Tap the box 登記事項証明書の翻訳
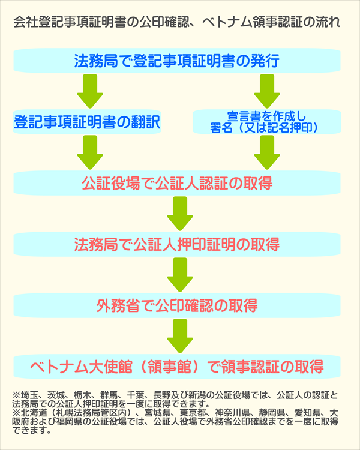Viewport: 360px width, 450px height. point(87,122)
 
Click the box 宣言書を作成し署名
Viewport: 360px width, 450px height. point(266,122)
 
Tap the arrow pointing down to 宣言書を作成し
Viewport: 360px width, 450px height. point(266,91)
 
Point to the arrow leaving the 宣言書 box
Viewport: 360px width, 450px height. point(266,152)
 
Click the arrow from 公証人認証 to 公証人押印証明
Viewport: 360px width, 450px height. point(179,214)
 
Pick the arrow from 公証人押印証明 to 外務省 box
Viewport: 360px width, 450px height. point(179,275)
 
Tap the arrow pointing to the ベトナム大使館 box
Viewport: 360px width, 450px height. point(179,335)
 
